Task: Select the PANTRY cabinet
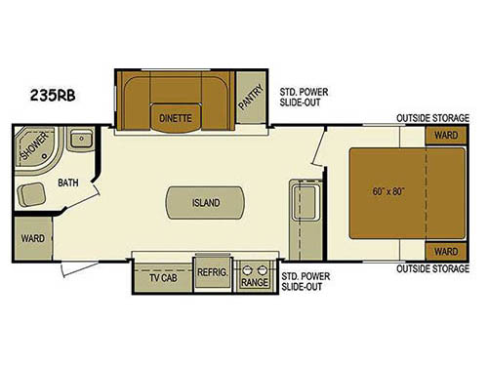[252, 99]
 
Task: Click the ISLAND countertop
[205, 203]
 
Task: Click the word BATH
[66, 182]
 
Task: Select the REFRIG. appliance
[212, 274]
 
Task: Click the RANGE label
[256, 283]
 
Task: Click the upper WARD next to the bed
[445, 135]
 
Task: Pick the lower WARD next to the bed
[445, 251]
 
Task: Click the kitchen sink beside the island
[303, 206]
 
